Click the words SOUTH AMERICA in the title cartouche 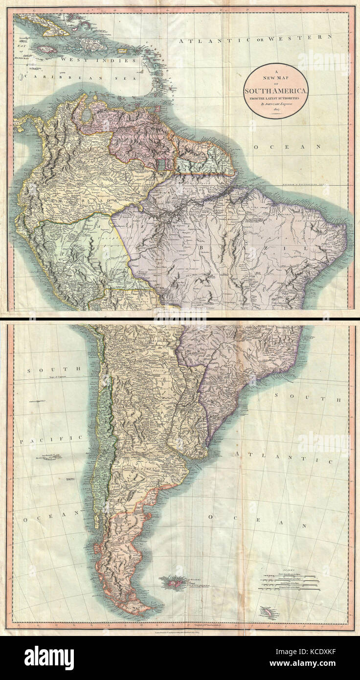click(276, 91)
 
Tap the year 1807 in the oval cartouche click(276, 111)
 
